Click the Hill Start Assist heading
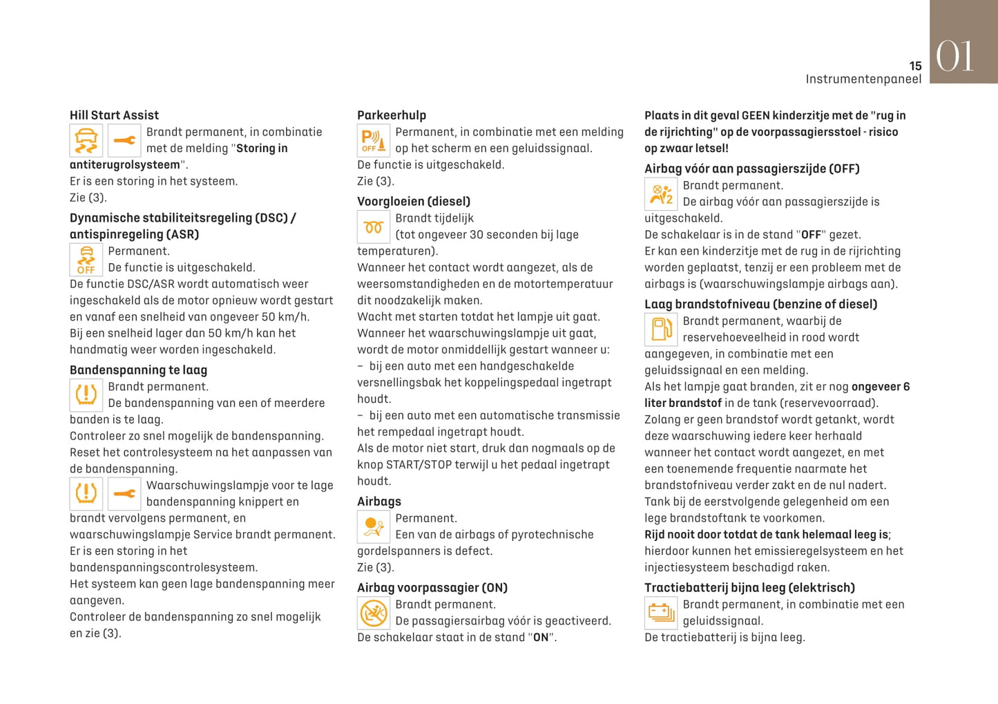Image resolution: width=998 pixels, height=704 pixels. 114,115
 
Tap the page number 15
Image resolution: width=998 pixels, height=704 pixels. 915,66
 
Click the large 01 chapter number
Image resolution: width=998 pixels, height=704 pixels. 955,56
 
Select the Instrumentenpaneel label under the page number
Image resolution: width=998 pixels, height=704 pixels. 863,79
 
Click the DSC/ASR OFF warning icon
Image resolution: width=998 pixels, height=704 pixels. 86,260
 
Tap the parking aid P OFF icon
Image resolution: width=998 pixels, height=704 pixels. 374,141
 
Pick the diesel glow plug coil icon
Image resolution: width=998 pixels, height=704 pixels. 374,227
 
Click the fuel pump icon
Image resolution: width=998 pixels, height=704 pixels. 661,329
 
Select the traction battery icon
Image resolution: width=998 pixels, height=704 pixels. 661,612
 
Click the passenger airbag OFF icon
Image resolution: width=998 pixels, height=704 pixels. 661,194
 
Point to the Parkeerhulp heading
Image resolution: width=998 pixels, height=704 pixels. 392,115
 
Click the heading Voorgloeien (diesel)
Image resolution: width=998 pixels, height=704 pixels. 414,202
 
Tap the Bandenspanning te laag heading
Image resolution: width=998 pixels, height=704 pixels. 138,370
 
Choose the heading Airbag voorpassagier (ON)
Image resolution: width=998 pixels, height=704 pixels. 432,588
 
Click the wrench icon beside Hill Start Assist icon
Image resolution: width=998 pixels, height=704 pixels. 124,141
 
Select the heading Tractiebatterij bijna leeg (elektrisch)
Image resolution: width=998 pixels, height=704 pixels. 749,588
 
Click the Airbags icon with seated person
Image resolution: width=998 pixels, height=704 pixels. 374,526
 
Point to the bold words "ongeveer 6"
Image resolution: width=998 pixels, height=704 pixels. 881,387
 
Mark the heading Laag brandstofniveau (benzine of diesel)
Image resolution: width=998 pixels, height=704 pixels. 760,305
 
